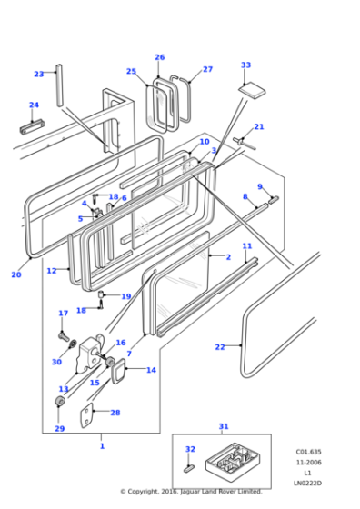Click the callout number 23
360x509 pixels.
[x=38, y=74]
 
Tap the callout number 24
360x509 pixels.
[x=34, y=105]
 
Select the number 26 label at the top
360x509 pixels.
[x=160, y=57]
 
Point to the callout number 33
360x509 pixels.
[x=245, y=65]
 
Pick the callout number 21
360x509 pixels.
[x=259, y=126]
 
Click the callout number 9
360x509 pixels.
[x=259, y=187]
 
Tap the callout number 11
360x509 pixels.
[x=246, y=246]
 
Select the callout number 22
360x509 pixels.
[x=219, y=346]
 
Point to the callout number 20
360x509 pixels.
[x=15, y=274]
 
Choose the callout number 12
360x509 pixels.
[x=51, y=271]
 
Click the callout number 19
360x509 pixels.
[x=125, y=296]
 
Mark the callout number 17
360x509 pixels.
[x=63, y=314]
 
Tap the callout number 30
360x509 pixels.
[x=56, y=362]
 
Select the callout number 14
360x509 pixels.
[x=151, y=370]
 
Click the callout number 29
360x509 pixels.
[x=59, y=428]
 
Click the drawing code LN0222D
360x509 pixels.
[x=306, y=484]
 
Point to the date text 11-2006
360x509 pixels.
[x=306, y=463]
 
